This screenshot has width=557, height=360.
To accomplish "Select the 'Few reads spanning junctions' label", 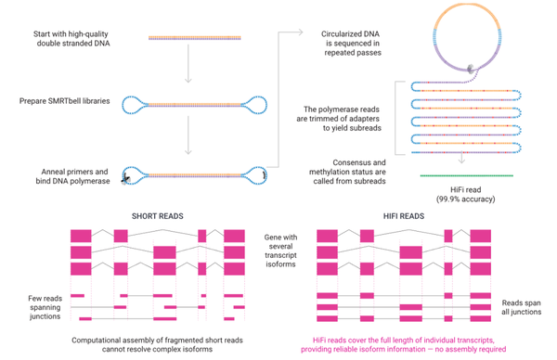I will click(44, 306).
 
